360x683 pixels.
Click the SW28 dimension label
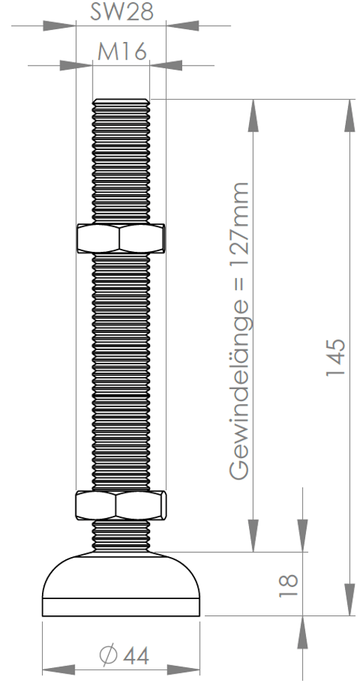pos(122,12)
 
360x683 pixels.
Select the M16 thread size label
pos(122,52)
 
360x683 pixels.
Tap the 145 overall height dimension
pos(336,356)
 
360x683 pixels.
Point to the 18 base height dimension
pos(288,585)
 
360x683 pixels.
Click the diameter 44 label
pos(125,656)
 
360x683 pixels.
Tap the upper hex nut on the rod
pos(121,238)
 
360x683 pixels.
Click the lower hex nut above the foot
pos(121,505)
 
